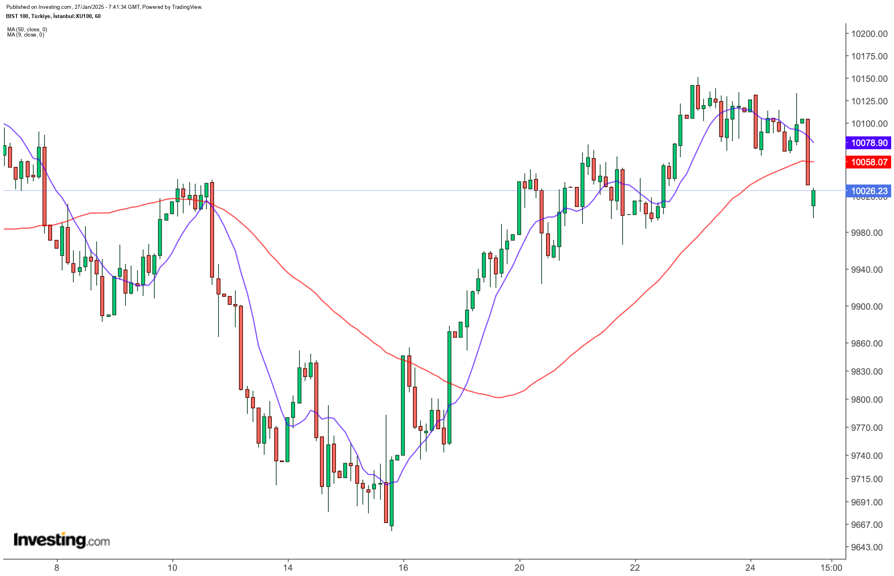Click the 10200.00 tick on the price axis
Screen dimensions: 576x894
pyautogui.click(x=869, y=34)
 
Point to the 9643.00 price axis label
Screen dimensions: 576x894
pyautogui.click(x=866, y=547)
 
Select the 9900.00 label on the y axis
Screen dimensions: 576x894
pyautogui.click(x=866, y=306)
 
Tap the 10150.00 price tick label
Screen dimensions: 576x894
pyautogui.click(x=869, y=79)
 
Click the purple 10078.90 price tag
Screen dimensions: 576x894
pyautogui.click(x=869, y=143)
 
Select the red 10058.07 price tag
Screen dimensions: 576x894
pyautogui.click(x=869, y=162)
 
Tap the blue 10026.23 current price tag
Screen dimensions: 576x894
pyautogui.click(x=869, y=191)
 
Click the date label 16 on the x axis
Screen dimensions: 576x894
pyautogui.click(x=403, y=568)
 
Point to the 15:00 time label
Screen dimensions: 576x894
pyautogui.click(x=831, y=568)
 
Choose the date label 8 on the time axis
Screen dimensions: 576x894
pyautogui.click(x=57, y=568)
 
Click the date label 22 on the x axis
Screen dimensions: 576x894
pyautogui.click(x=635, y=568)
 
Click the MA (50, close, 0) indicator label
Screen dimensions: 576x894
pyautogui.click(x=27, y=29)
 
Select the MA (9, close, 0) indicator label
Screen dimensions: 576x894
pyautogui.click(x=26, y=35)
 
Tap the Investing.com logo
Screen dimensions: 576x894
pyautogui.click(x=61, y=540)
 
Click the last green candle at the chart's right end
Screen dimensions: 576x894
pyautogui.click(x=813, y=198)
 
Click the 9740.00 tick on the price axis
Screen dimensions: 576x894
pyautogui.click(x=866, y=456)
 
